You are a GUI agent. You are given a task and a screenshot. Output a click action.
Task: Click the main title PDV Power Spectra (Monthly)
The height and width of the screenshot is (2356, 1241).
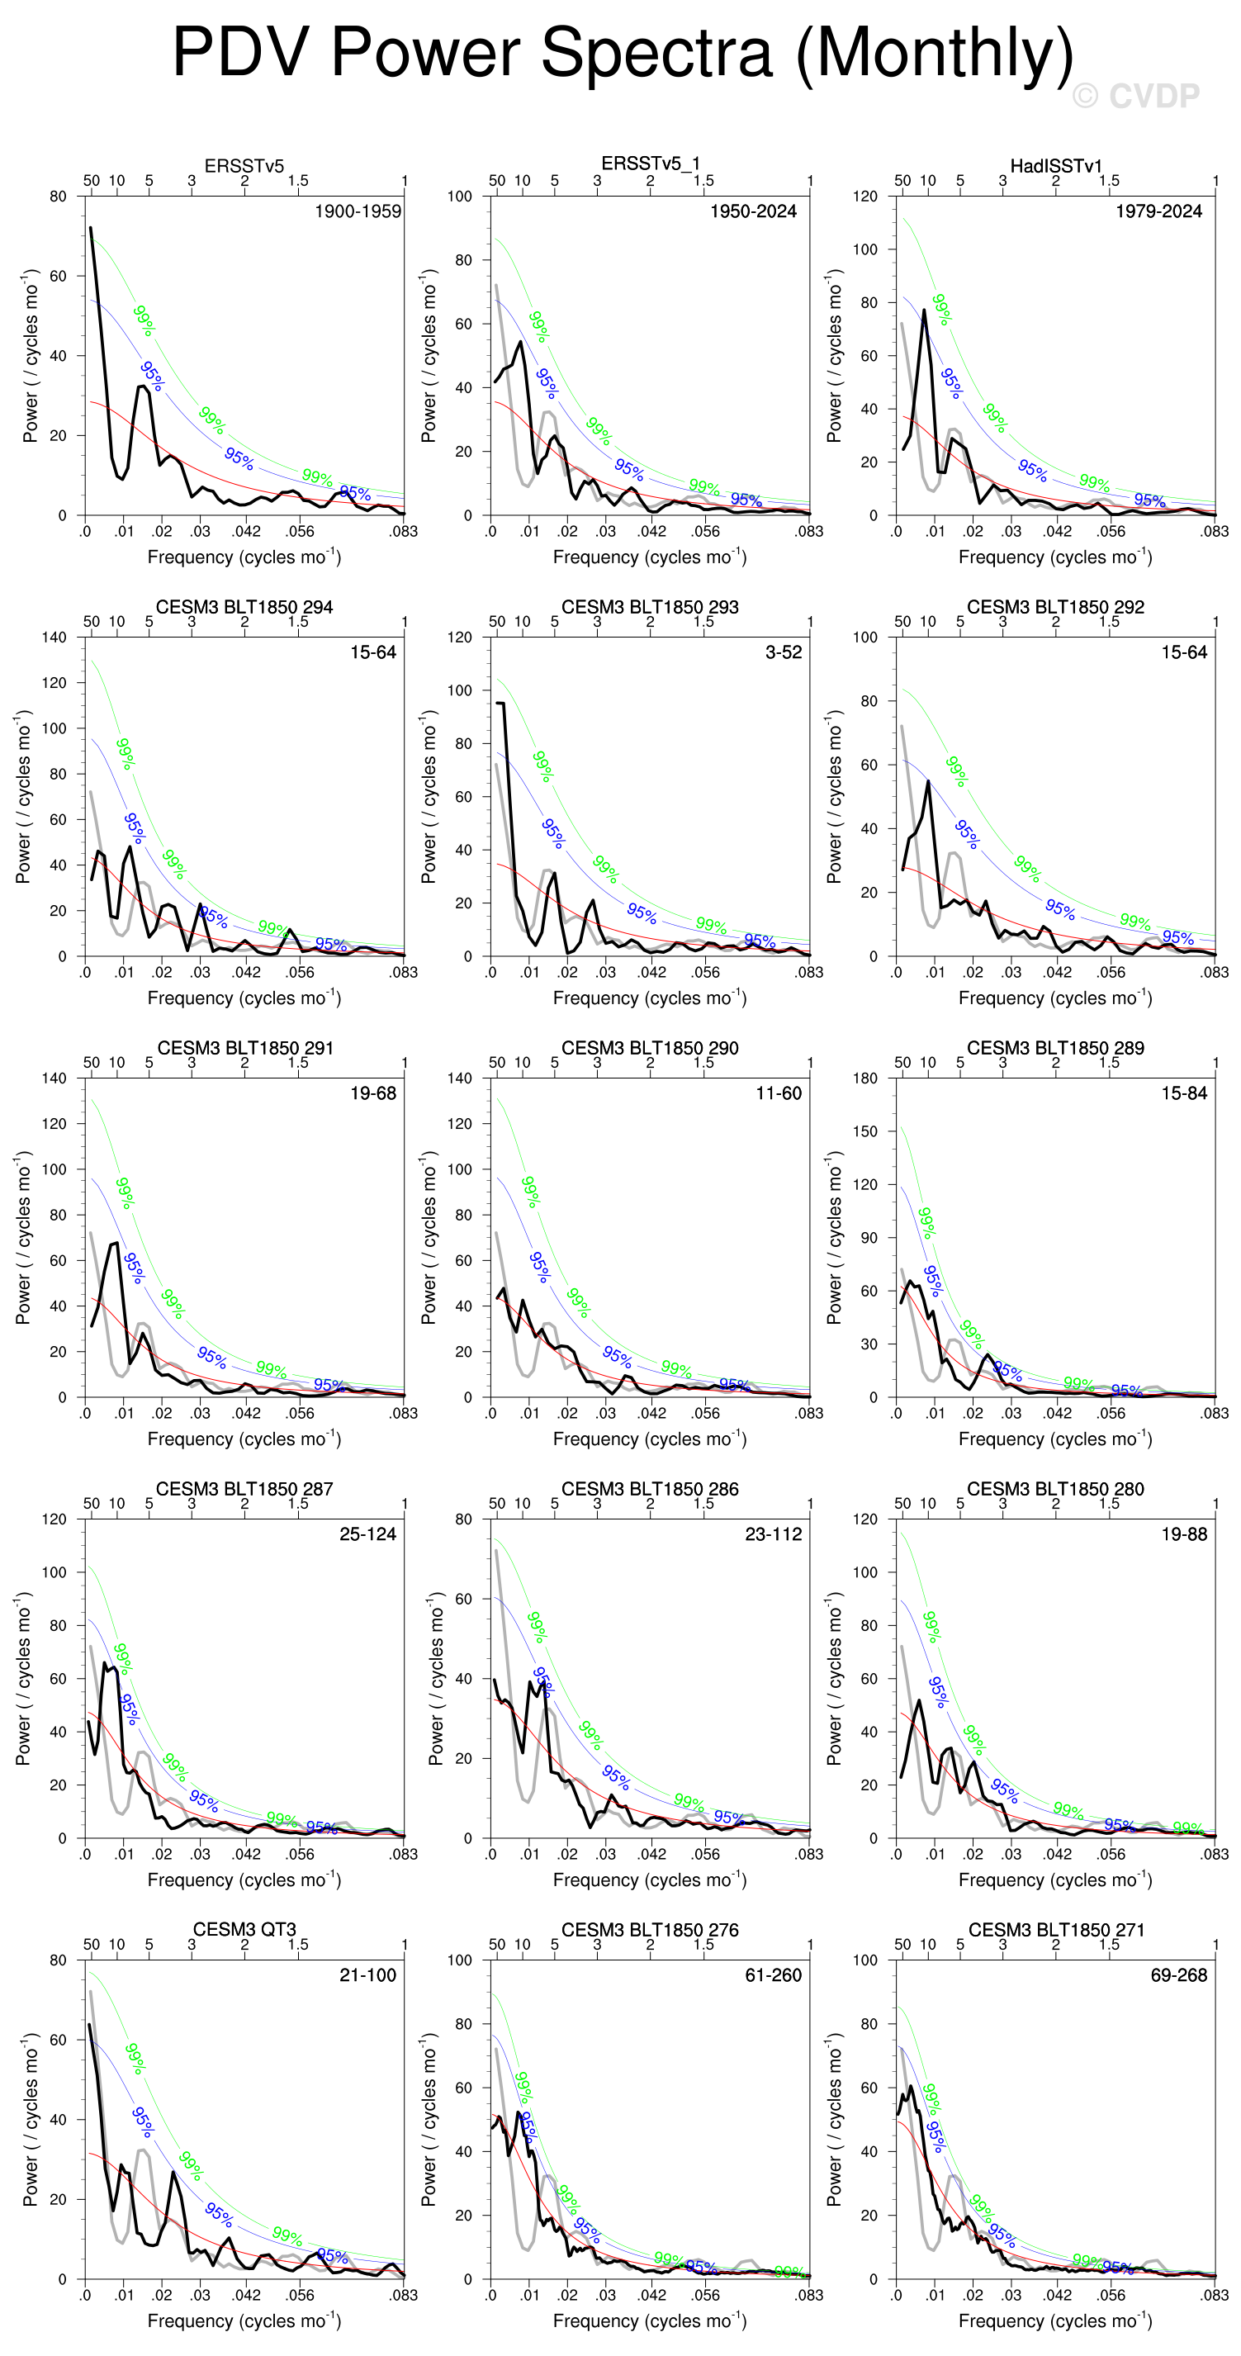tap(622, 53)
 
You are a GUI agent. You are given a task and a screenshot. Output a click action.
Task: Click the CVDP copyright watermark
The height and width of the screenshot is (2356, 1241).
tap(1136, 96)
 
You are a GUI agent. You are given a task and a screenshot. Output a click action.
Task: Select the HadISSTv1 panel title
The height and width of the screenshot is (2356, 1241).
tap(1055, 165)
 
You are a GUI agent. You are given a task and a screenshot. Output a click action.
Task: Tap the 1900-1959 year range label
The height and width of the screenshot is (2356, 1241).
tap(358, 211)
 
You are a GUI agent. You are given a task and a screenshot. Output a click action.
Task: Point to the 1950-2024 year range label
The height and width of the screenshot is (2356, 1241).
tap(753, 211)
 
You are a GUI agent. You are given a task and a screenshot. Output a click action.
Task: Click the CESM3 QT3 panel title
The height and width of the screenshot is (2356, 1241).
tap(244, 1929)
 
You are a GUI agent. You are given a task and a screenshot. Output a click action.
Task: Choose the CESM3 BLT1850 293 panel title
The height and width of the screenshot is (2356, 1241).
tap(649, 607)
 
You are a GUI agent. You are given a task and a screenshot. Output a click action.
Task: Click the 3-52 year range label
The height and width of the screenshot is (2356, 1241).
tap(783, 652)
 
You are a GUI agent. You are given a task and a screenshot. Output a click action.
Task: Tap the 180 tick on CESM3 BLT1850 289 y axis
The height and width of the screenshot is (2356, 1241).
tap(864, 1078)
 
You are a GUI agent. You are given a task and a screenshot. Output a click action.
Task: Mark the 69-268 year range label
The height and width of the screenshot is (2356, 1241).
tap(1178, 1974)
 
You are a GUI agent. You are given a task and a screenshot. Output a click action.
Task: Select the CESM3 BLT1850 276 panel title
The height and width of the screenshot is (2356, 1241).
tap(649, 1929)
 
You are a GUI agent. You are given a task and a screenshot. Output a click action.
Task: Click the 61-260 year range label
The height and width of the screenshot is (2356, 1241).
tap(773, 1974)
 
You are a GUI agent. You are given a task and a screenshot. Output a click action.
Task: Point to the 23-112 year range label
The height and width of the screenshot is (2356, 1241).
tap(773, 1534)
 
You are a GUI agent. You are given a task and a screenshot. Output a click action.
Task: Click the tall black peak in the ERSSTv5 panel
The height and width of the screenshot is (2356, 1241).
tap(91, 229)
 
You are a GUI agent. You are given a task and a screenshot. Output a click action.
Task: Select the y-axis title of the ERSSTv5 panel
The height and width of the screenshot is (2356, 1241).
tap(31, 356)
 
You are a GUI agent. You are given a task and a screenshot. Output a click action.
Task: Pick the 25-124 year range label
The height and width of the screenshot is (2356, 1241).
tap(367, 1534)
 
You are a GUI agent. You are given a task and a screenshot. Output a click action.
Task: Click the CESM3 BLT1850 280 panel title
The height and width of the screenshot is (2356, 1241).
tap(1055, 1489)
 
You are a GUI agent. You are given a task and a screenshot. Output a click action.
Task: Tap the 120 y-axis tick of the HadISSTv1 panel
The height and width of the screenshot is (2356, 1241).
tap(864, 197)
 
